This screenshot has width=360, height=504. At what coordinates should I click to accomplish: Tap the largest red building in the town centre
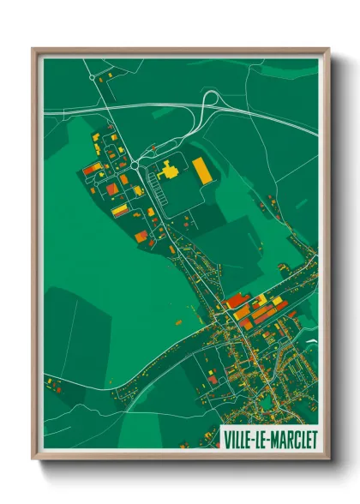tap(237, 301)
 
